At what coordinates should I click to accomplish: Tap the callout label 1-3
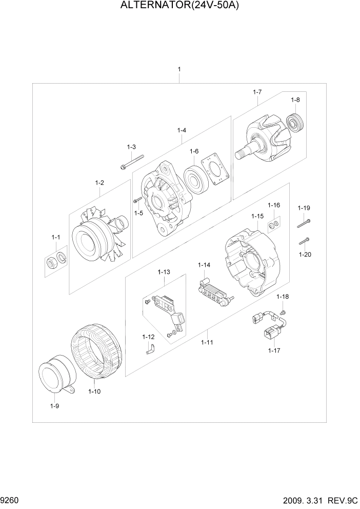click(131, 147)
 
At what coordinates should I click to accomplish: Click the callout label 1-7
click(257, 92)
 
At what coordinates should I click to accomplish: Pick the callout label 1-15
click(257, 216)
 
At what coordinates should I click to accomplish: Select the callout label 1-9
click(54, 406)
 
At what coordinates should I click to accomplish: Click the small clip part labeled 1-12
click(150, 349)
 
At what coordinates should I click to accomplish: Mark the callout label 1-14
click(205, 265)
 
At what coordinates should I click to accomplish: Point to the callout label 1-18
click(283, 297)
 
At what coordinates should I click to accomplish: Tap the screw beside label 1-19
click(304, 223)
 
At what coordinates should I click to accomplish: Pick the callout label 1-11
click(207, 342)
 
